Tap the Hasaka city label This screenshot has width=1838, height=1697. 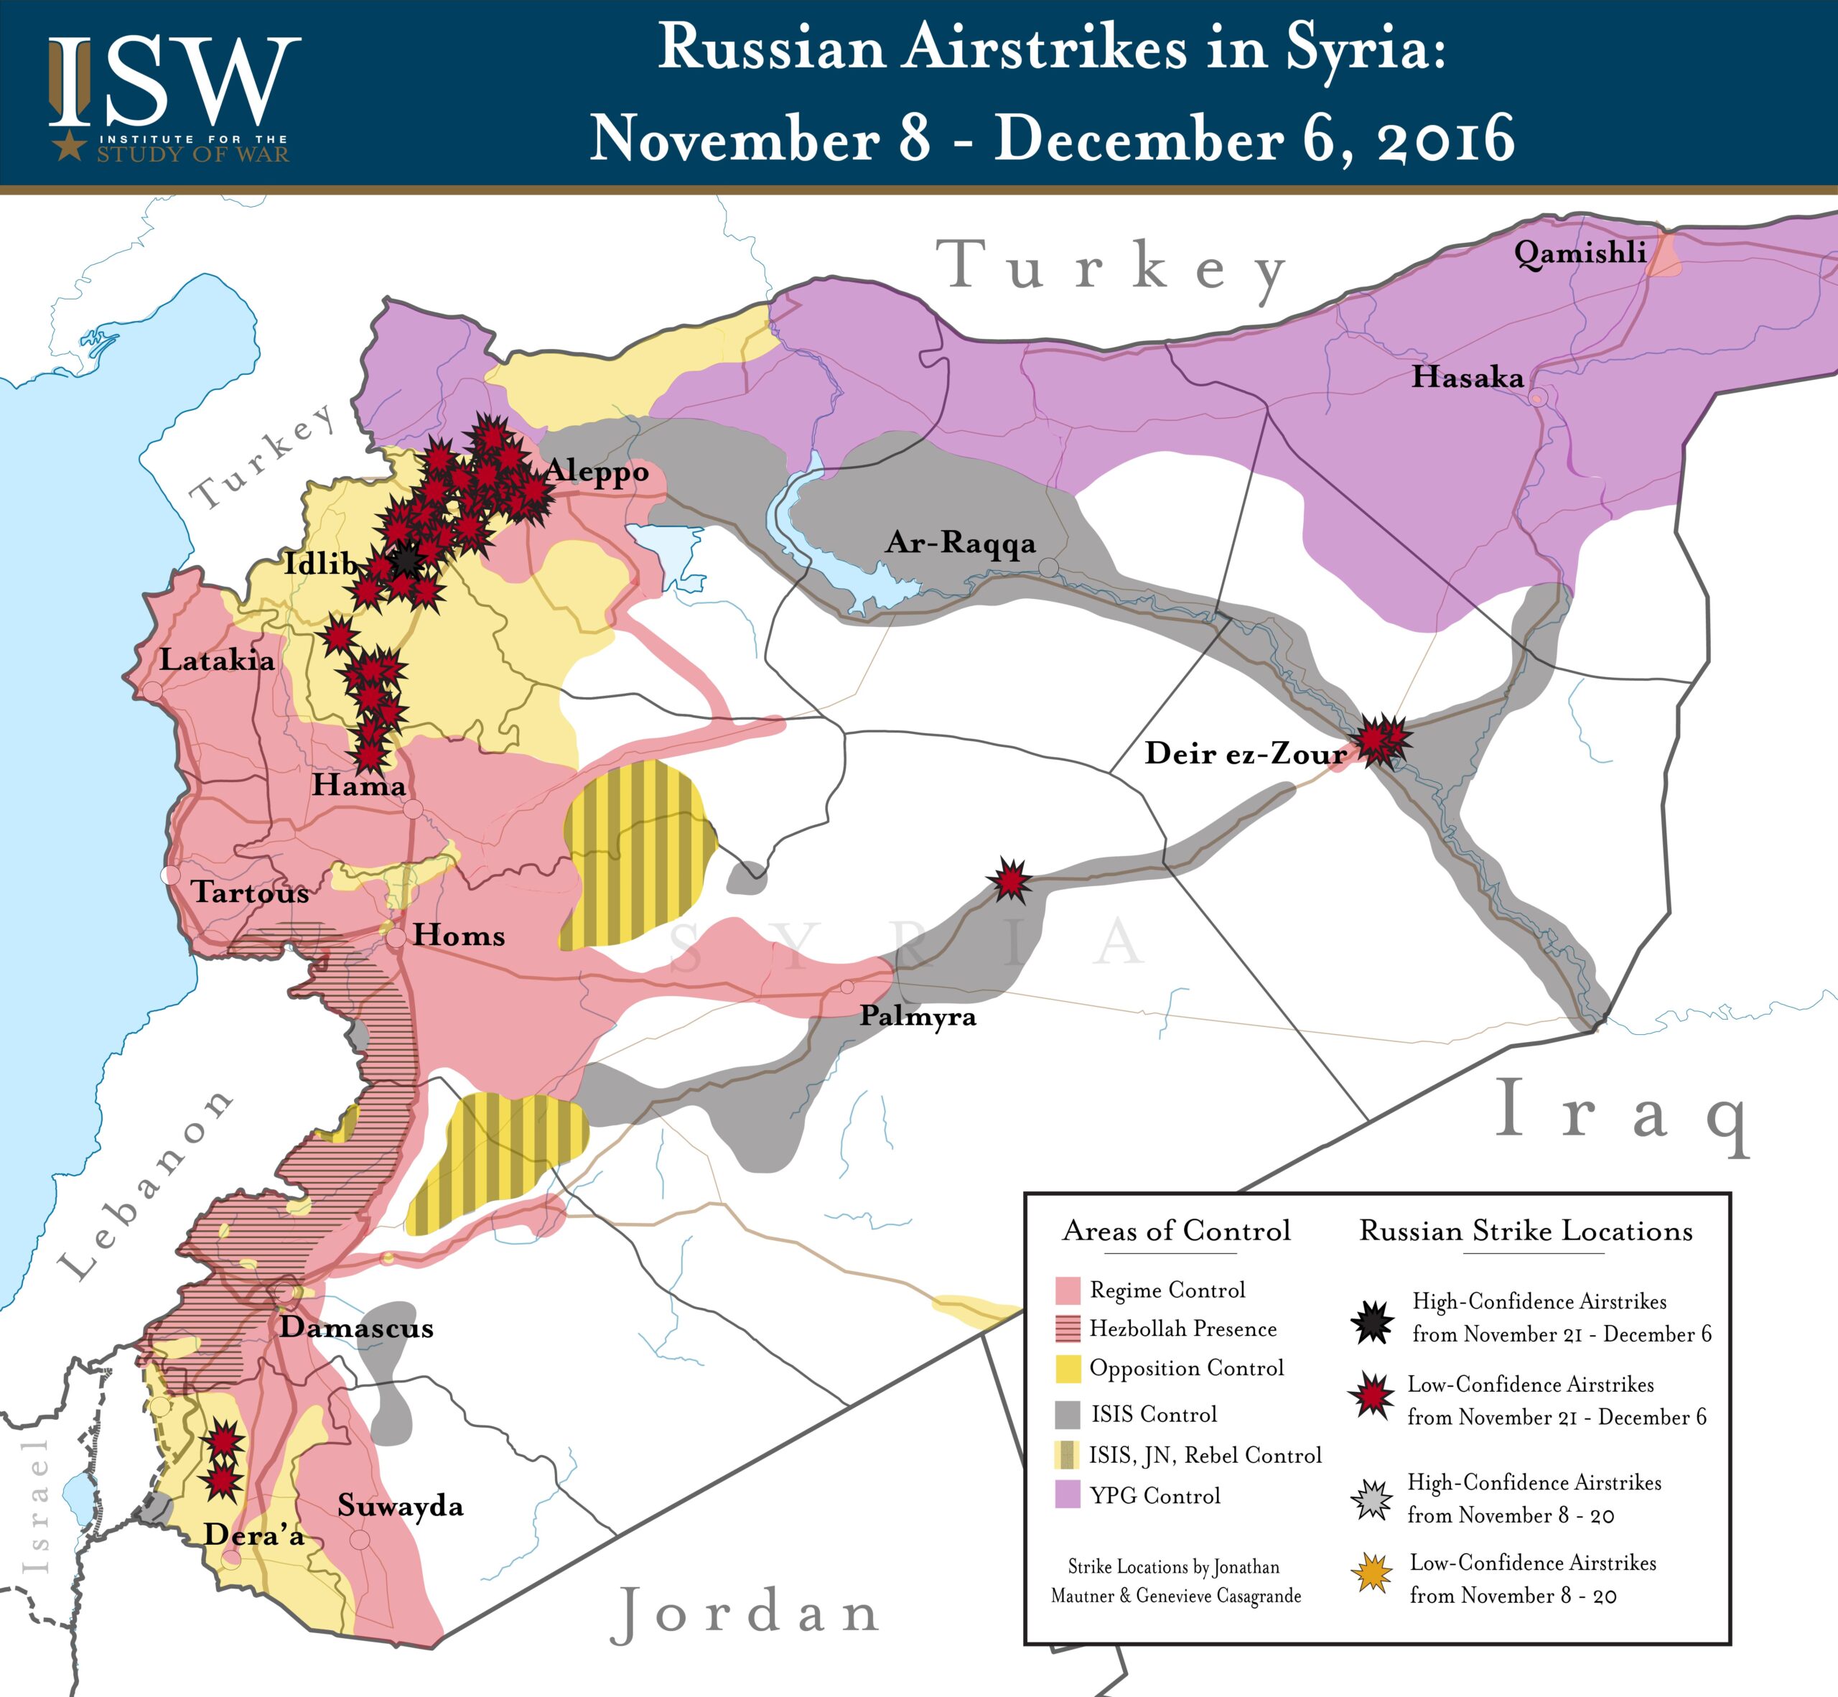click(1467, 376)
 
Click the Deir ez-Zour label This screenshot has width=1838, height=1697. click(1245, 753)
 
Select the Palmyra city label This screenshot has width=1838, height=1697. click(917, 1016)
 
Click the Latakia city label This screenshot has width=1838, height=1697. click(217, 659)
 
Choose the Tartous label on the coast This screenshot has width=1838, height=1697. click(250, 892)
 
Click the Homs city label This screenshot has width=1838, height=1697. click(458, 936)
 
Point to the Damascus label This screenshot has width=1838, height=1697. click(356, 1327)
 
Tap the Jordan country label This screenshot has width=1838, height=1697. click(745, 1614)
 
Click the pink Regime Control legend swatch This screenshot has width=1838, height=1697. click(1067, 1291)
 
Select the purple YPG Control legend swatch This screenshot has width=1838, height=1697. click(1067, 1495)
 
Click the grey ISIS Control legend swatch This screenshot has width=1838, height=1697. click(1067, 1414)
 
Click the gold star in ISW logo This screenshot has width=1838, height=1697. click(69, 144)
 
